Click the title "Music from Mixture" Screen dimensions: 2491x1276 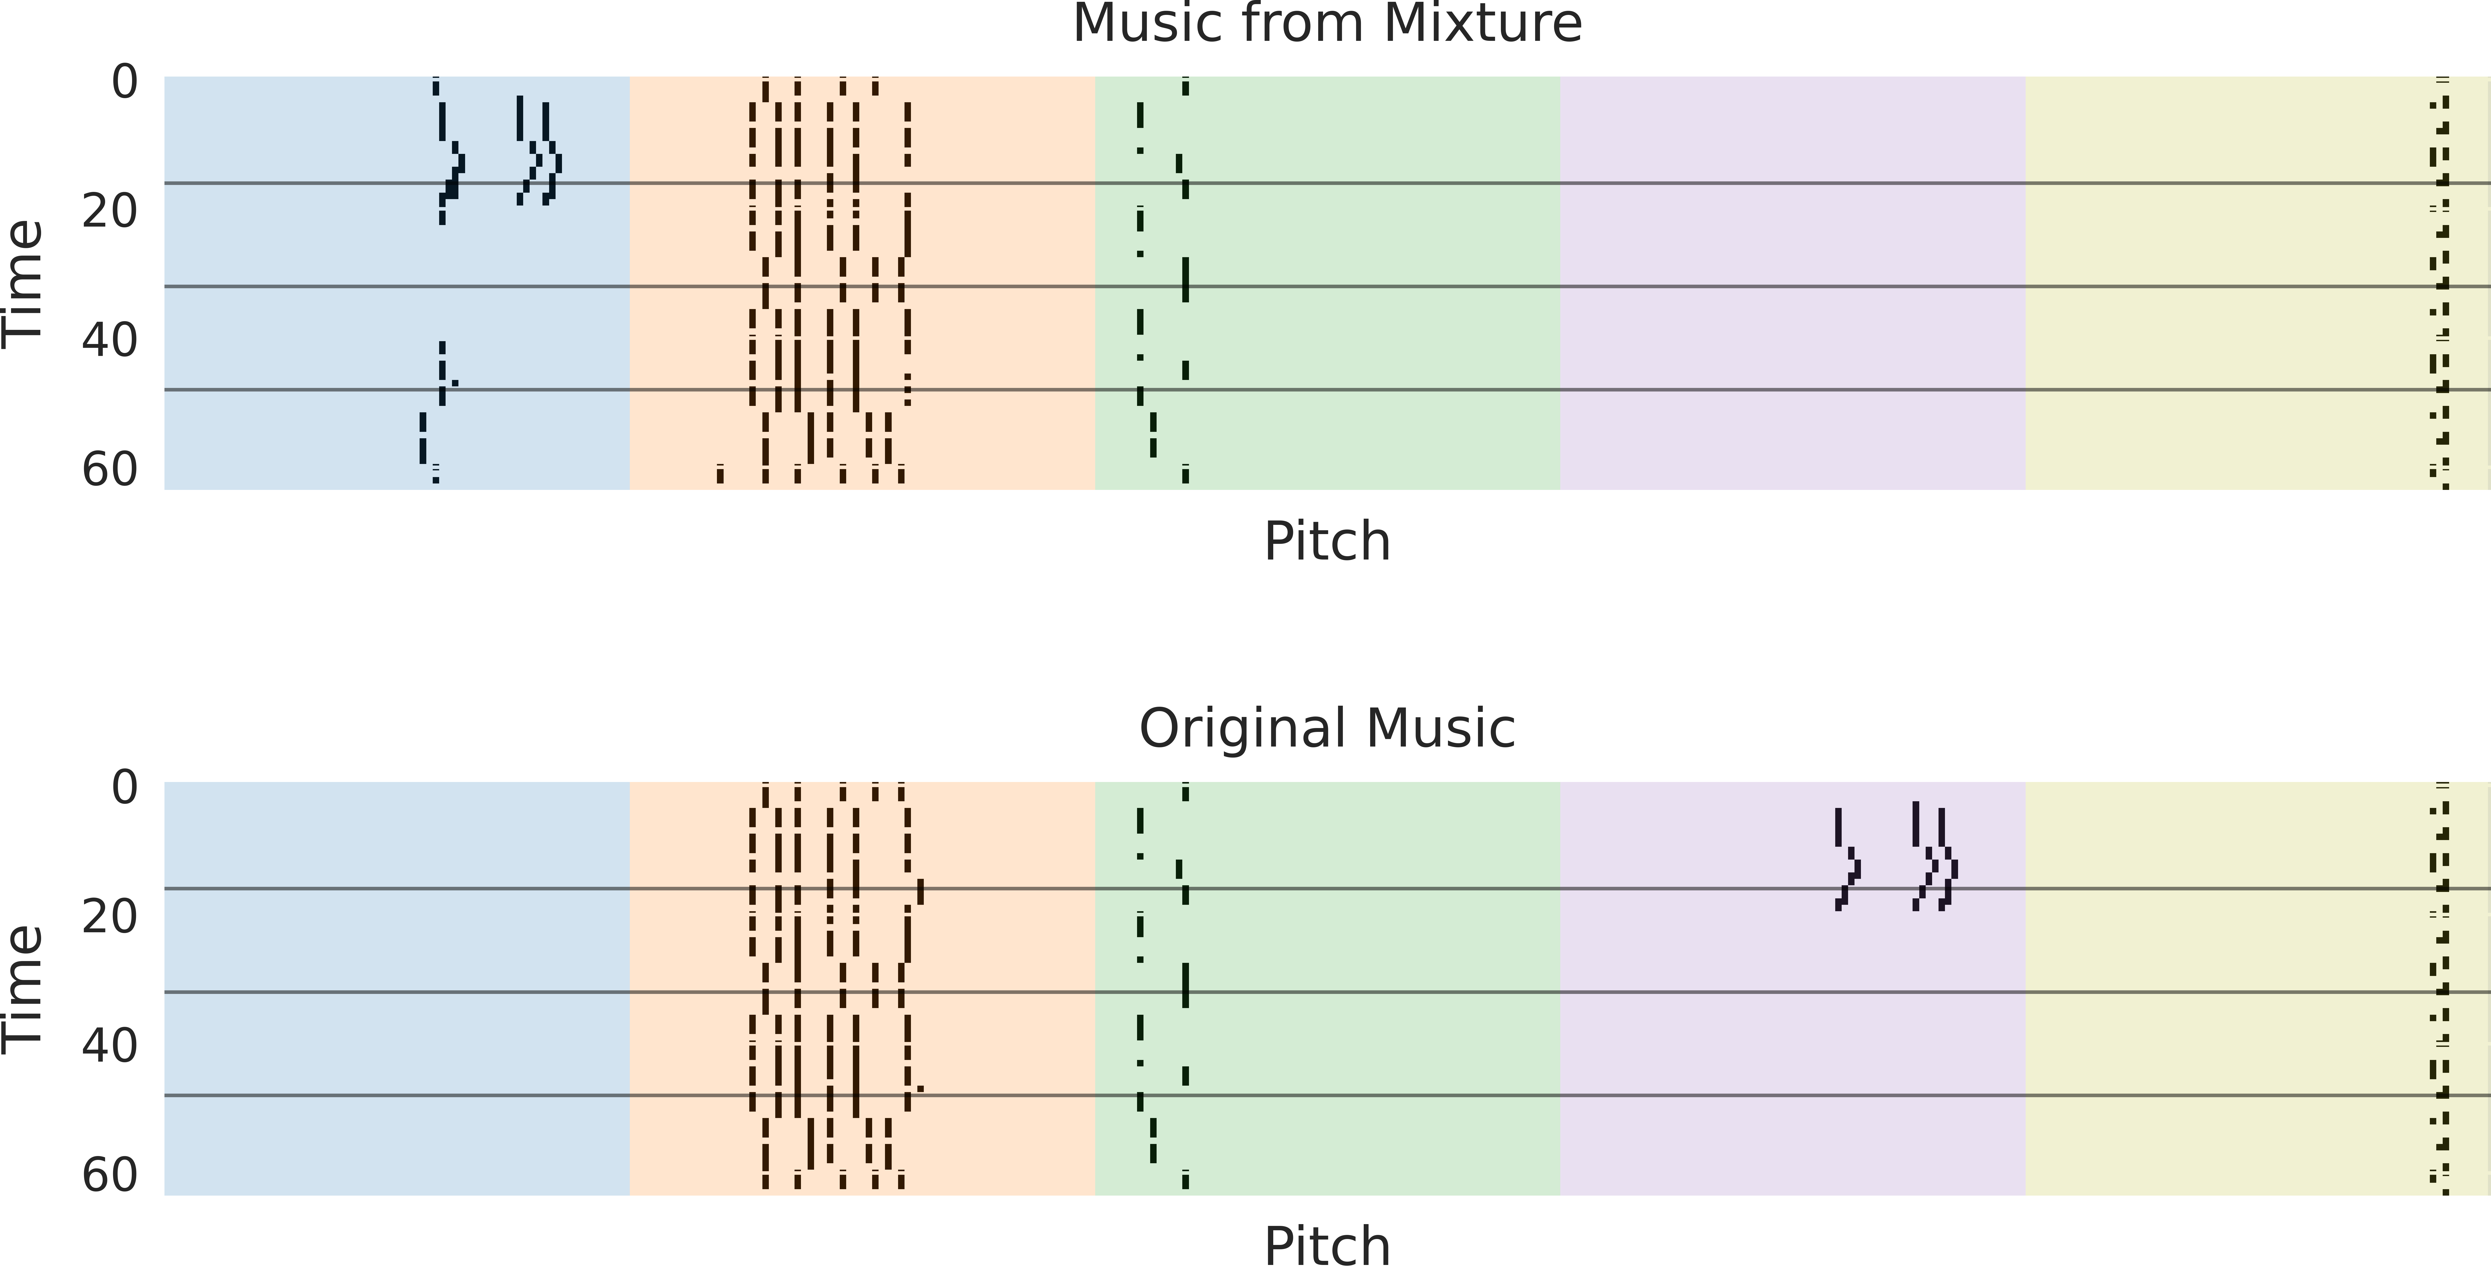click(1327, 23)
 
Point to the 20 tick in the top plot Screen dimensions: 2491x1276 click(109, 211)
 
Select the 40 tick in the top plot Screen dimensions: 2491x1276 click(109, 340)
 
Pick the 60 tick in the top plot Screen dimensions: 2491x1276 click(109, 470)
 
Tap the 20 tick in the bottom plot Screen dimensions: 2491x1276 click(109, 916)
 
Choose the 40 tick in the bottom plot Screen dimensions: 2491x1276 click(109, 1046)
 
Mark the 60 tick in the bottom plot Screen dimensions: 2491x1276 click(109, 1176)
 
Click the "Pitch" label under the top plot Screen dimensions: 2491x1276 click(1327, 541)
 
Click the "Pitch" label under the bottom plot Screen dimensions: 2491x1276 click(1327, 1247)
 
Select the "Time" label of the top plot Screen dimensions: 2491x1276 click(23, 282)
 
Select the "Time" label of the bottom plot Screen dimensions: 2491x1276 click(23, 988)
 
